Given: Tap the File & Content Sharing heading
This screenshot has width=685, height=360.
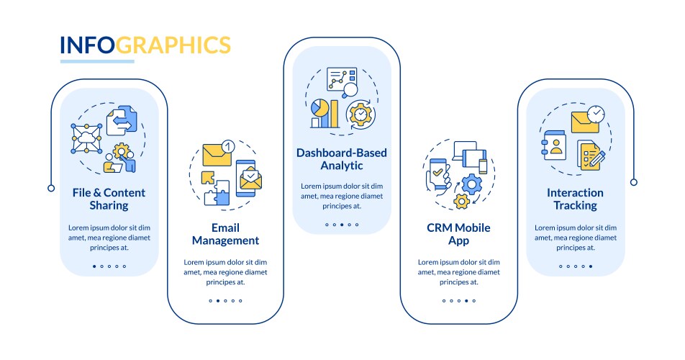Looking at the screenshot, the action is (x=109, y=199).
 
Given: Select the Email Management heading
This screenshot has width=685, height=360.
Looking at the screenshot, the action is (x=225, y=233).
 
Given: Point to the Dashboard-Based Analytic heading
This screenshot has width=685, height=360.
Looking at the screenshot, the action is (x=342, y=159).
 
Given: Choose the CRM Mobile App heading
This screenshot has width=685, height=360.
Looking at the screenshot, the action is (x=458, y=233).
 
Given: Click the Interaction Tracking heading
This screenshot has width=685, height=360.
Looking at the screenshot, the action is (x=575, y=199).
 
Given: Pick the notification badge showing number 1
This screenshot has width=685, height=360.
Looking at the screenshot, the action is (x=227, y=145).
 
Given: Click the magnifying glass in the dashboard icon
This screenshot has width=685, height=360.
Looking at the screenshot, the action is (x=350, y=90).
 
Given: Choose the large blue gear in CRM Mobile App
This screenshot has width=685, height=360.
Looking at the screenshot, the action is (x=472, y=184).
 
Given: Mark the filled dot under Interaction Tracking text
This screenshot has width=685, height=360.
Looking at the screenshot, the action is (x=591, y=266).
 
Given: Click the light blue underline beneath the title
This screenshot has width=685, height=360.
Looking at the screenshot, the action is (x=96, y=62).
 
